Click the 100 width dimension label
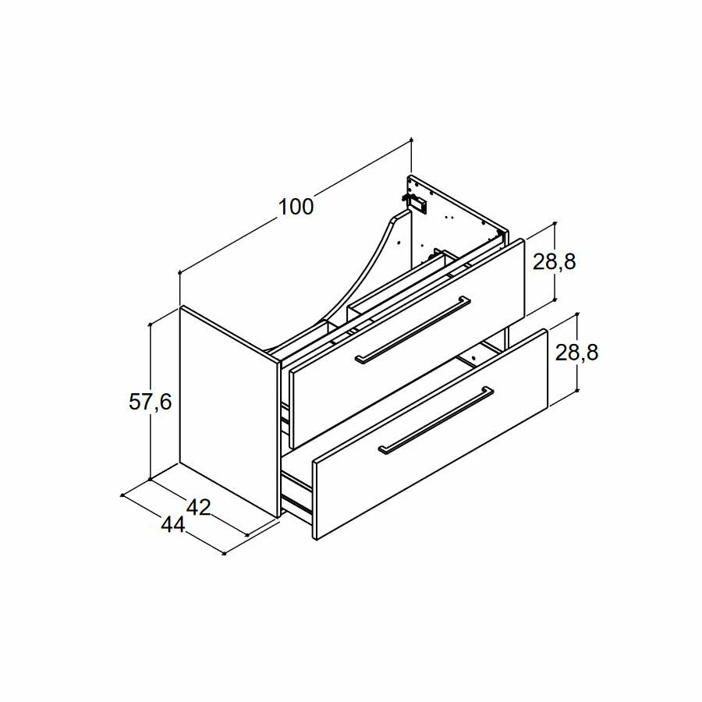(296, 207)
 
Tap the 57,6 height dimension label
(151, 402)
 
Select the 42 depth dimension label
(198, 507)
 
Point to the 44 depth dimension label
(173, 524)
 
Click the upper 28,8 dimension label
(555, 262)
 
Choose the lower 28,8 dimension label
(576, 353)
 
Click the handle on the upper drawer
(413, 329)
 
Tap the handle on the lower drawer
(435, 420)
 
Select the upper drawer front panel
(407, 344)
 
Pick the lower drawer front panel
(430, 434)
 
